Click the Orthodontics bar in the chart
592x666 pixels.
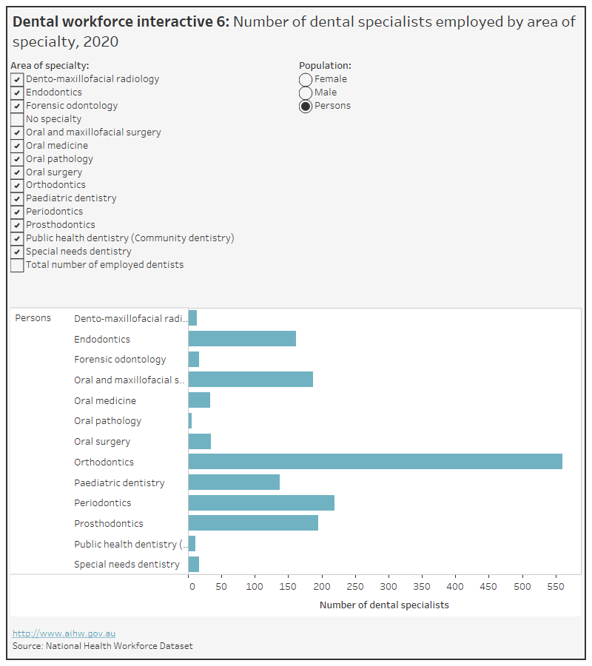pos(375,462)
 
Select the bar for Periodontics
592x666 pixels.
pos(261,503)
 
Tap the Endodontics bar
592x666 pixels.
pos(242,339)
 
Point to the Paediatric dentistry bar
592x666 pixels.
pos(234,482)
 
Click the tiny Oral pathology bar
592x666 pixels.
pos(190,421)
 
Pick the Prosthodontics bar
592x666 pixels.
pos(253,523)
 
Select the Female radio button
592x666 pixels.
pos(306,79)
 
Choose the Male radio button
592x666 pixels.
pos(306,92)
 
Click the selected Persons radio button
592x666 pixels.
pos(306,106)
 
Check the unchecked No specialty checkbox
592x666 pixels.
pos(17,119)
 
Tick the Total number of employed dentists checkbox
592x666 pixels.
pos(17,265)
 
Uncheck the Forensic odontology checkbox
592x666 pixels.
pos(17,106)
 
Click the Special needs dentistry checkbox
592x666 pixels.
pos(17,252)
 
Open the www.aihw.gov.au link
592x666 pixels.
pos(64,633)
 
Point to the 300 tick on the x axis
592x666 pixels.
pos(388,587)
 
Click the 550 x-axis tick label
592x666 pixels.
pos(555,587)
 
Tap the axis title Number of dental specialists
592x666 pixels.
pos(384,605)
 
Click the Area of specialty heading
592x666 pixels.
pos(50,66)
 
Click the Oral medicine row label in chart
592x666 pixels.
pos(105,400)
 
